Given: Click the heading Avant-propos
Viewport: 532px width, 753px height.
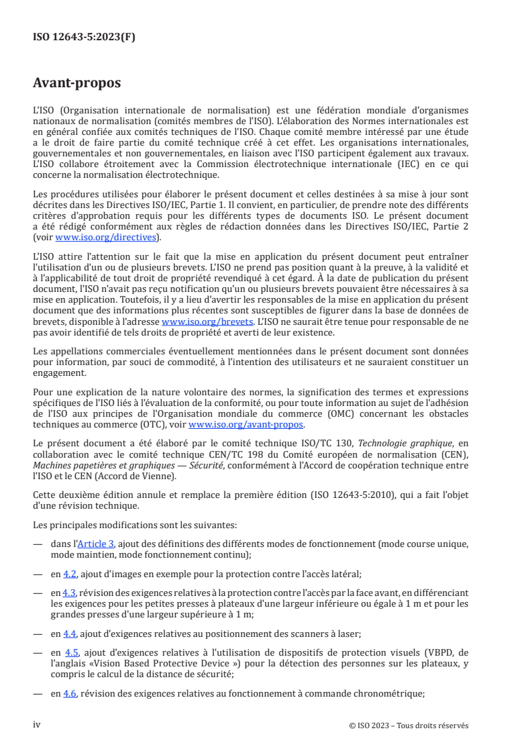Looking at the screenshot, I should pos(76,83).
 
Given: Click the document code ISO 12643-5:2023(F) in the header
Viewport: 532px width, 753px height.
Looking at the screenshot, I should pos(84,38).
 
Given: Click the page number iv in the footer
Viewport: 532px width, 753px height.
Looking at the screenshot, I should pos(37,725).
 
